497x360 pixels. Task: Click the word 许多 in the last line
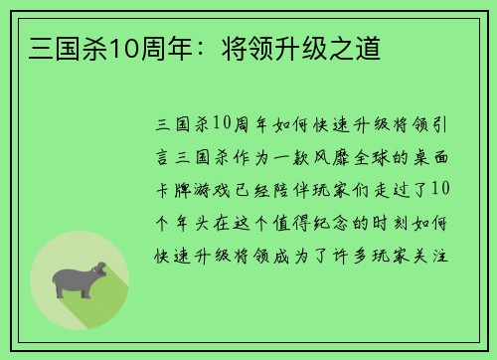[350, 252]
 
